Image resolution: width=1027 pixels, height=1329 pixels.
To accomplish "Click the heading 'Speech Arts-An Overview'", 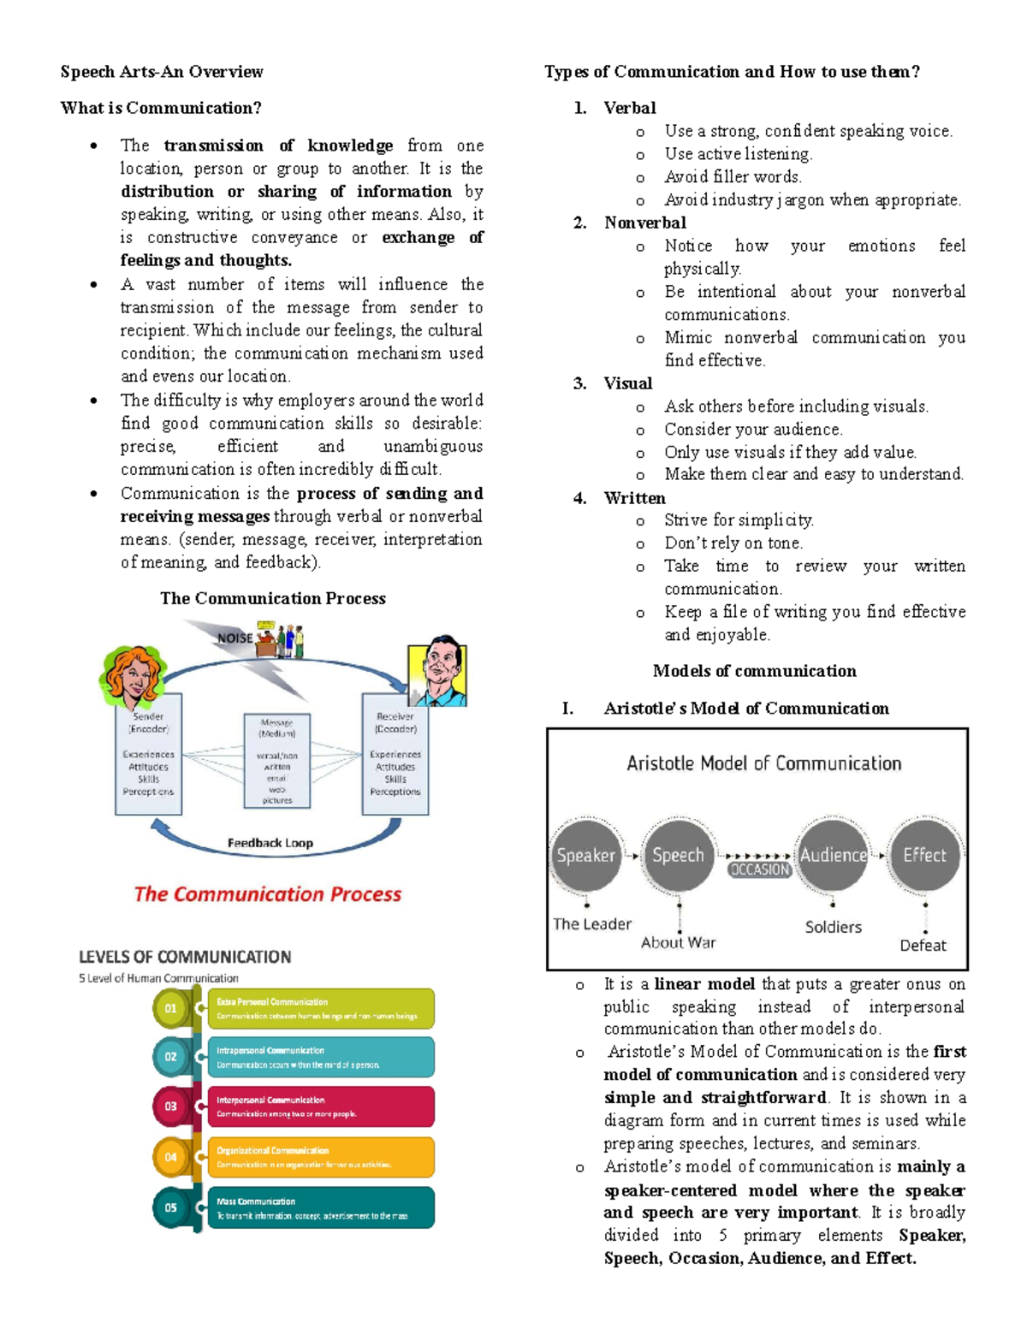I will (x=162, y=72).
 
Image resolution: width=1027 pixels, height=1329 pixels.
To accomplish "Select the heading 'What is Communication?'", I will (x=161, y=108).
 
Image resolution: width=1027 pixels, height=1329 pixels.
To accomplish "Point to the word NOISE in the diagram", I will (x=234, y=638).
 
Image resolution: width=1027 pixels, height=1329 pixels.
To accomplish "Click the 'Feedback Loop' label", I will (x=270, y=843).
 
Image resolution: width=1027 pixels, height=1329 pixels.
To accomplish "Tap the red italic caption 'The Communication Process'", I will (x=267, y=894).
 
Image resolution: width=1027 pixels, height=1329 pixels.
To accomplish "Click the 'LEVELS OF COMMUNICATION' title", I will (x=185, y=957).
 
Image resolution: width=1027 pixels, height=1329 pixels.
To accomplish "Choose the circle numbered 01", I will (x=171, y=1008).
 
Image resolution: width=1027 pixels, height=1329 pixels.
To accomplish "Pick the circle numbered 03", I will (x=171, y=1107).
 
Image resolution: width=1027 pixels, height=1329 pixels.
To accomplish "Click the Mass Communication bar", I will (x=320, y=1207).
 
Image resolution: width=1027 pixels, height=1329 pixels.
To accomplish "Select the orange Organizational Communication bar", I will (x=320, y=1157).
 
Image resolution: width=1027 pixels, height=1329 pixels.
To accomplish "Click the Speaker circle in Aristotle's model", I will (x=585, y=855).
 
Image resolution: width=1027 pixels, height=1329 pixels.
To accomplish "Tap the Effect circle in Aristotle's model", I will (x=924, y=855).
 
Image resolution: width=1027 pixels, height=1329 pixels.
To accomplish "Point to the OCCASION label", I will (x=759, y=869).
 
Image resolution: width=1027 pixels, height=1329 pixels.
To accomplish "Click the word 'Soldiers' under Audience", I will (x=833, y=927).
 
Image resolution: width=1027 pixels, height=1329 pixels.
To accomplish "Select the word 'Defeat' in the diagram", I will (x=923, y=946).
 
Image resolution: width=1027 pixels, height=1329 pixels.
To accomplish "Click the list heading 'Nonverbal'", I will (x=644, y=222).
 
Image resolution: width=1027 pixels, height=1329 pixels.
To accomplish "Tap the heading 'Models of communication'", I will (x=754, y=671).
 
